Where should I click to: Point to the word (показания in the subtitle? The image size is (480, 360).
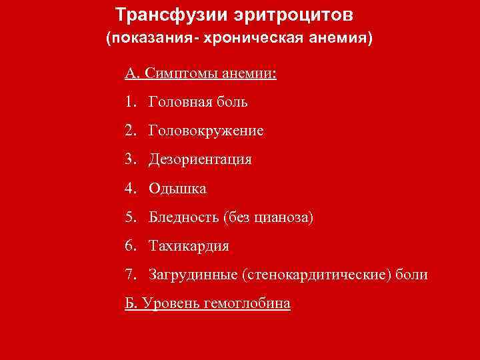pyautogui.click(x=143, y=38)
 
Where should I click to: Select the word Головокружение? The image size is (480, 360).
pyautogui.click(x=207, y=131)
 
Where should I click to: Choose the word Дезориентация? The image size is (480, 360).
pyautogui.click(x=201, y=160)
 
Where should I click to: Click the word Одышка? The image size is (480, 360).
pyautogui.click(x=178, y=189)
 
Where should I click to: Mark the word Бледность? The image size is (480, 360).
pyautogui.click(x=185, y=217)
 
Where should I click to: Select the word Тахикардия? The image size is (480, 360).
pyautogui.click(x=189, y=246)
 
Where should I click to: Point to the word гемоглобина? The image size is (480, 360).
pyautogui.click(x=252, y=303)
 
